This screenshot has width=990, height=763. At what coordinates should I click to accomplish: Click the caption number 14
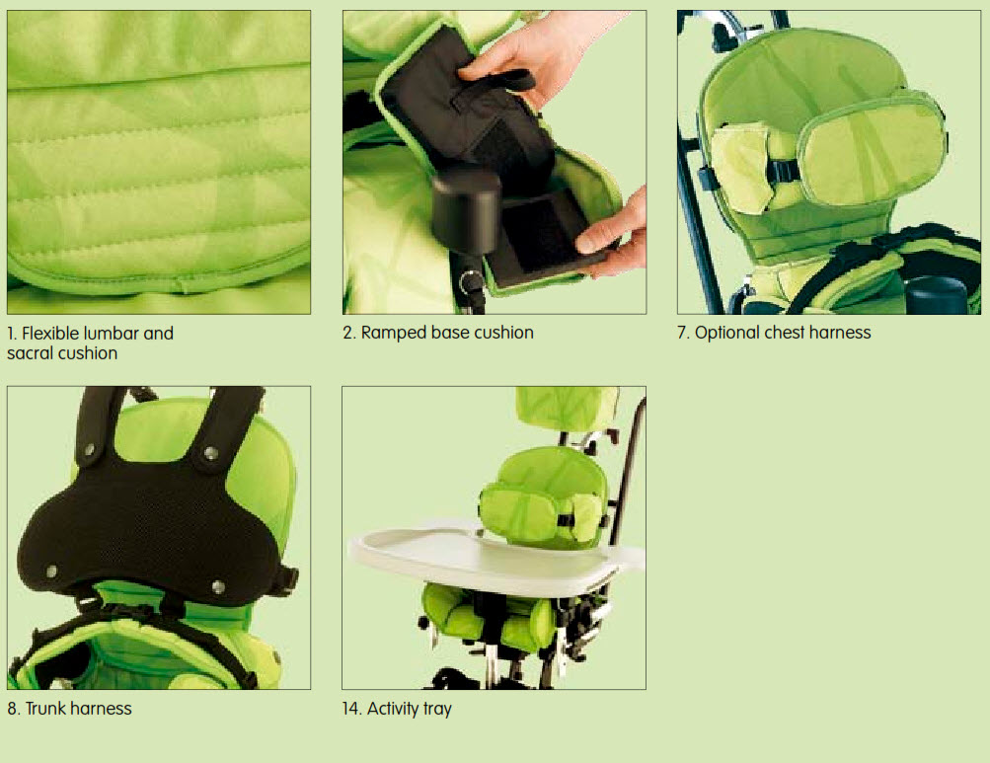click(x=351, y=709)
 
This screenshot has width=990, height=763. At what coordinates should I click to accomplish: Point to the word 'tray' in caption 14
click(x=436, y=709)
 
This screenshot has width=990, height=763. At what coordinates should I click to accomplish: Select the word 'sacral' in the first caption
click(x=34, y=353)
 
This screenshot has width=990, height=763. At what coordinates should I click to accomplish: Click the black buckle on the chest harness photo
click(x=785, y=171)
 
